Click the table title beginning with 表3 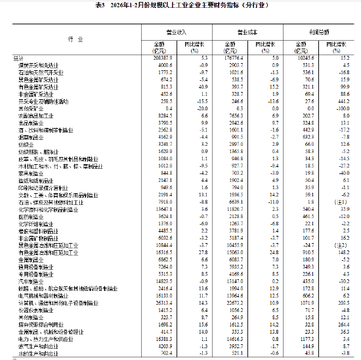(x=180, y=6)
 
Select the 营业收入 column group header (x=175, y=32)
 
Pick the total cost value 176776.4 (x=232, y=58)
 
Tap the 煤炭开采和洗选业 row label (x=36, y=66)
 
